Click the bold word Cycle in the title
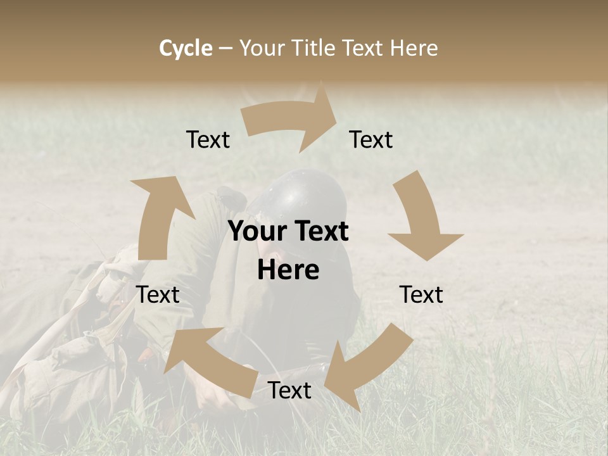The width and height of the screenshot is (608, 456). pyautogui.click(x=186, y=48)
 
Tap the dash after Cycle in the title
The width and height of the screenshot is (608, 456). pyautogui.click(x=226, y=48)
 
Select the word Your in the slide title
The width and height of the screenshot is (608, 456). pyautogui.click(x=261, y=48)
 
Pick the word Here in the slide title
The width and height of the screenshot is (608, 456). pyautogui.click(x=414, y=48)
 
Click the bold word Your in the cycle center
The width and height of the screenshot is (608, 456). pyautogui.click(x=256, y=231)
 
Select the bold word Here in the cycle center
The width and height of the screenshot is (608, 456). pyautogui.click(x=288, y=270)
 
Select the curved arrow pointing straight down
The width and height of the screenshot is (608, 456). pyautogui.click(x=421, y=218)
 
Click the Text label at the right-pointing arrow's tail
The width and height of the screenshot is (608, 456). pyautogui.click(x=208, y=139)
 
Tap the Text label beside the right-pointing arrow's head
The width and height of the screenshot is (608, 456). pyautogui.click(x=371, y=139)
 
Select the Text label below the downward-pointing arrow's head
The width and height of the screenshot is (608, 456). pyautogui.click(x=421, y=294)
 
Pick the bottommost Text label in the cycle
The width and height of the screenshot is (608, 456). pyautogui.click(x=289, y=390)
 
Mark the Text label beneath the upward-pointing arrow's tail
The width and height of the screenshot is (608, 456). pyautogui.click(x=158, y=294)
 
